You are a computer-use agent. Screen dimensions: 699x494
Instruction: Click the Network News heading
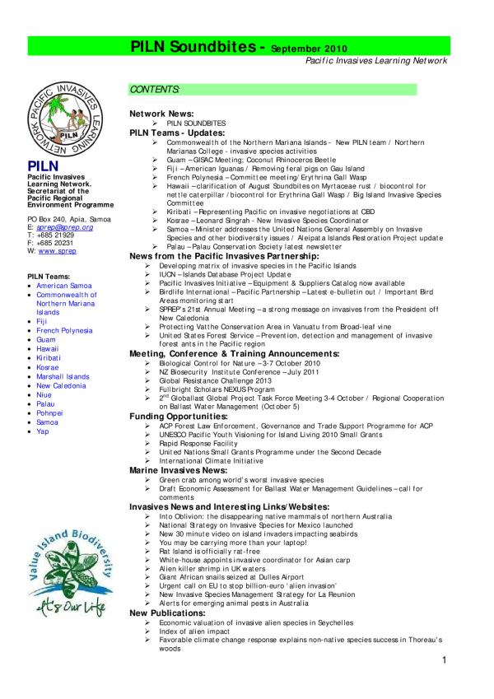point(161,112)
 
